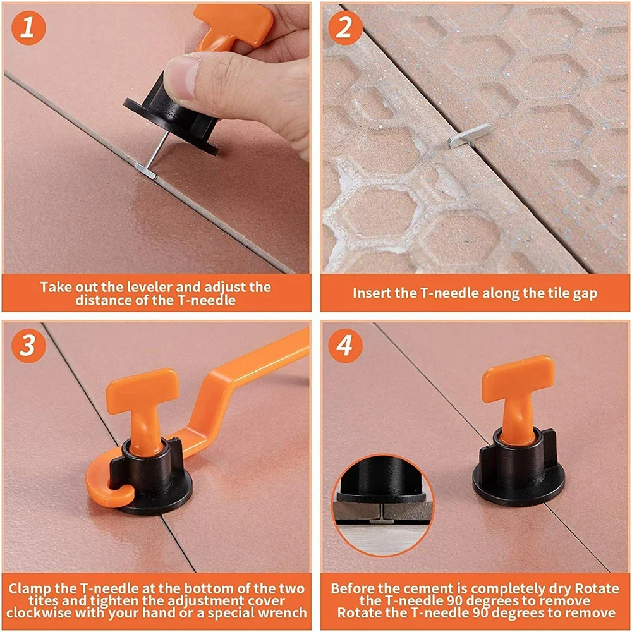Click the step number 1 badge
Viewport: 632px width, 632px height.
28,28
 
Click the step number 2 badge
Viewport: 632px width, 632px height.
345,28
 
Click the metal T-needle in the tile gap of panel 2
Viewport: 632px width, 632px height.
469,135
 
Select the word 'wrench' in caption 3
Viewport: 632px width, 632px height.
284,612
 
